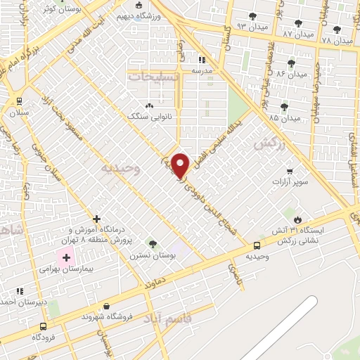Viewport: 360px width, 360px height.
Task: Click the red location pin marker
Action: tap(181, 165)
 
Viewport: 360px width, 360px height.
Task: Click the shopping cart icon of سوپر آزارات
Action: tap(289, 171)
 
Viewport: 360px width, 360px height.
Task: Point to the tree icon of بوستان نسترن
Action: tap(153, 244)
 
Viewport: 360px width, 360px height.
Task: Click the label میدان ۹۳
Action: tap(252, 25)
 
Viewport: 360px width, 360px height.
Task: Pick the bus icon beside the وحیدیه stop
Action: tap(257, 245)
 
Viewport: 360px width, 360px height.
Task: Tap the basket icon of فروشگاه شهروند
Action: tap(106, 306)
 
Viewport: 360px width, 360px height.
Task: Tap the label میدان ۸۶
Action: tap(291, 73)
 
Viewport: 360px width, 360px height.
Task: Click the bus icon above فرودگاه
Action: tap(43, 326)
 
